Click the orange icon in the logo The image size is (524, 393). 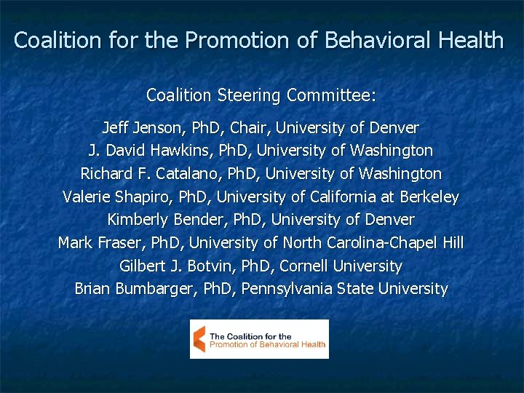(199, 339)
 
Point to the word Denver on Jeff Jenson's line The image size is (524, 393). (394, 129)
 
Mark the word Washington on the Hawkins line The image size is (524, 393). (391, 151)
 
